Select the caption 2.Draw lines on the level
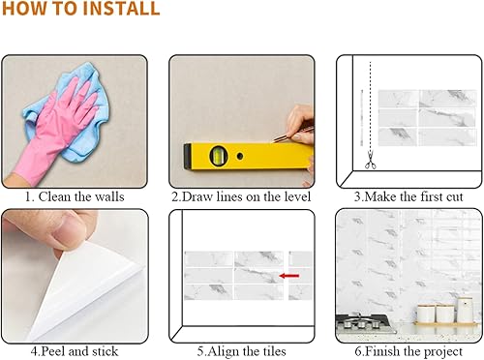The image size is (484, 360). pyautogui.click(x=242, y=195)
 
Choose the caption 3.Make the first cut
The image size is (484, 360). pyautogui.click(x=408, y=195)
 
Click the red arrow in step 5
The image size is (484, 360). pyautogui.click(x=287, y=277)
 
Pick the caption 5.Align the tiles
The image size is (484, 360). pyautogui.click(x=241, y=350)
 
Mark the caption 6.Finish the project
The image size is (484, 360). pyautogui.click(x=408, y=350)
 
